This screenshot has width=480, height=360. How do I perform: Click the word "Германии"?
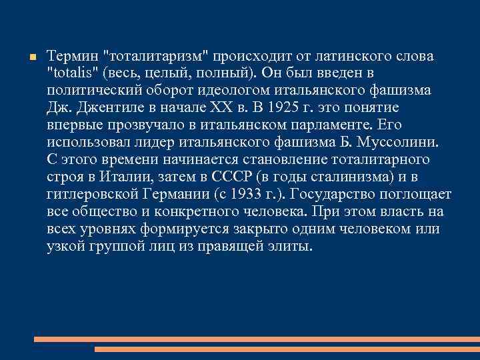tap(185, 195)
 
